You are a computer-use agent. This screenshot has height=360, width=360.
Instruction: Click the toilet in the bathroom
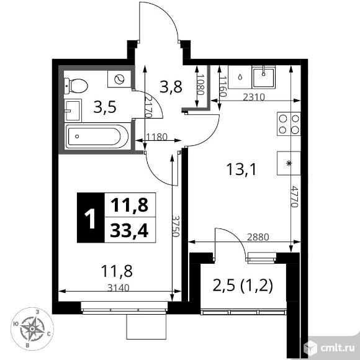(76, 86)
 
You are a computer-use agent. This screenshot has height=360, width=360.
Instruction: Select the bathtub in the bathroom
(97, 136)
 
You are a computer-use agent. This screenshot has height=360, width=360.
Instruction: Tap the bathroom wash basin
(73, 110)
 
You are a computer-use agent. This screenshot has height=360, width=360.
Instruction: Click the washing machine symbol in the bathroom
(119, 79)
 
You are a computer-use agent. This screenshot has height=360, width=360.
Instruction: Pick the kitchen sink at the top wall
(263, 77)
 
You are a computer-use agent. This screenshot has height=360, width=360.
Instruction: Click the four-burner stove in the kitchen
(289, 124)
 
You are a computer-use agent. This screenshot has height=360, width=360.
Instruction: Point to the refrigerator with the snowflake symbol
(289, 163)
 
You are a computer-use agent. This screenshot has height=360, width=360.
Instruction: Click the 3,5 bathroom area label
(105, 107)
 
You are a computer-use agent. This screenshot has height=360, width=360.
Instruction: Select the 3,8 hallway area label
(171, 87)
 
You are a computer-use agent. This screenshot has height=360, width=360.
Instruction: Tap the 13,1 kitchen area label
(241, 169)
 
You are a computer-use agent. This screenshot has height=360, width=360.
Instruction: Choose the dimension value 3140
(119, 287)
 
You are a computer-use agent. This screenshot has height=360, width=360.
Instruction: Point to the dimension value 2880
(258, 237)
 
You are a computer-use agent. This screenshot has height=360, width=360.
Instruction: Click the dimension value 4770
(294, 196)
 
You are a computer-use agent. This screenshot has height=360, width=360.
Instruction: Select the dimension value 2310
(254, 97)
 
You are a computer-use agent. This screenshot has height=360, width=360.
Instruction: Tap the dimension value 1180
(156, 137)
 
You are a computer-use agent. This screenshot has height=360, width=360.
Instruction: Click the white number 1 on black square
(90, 217)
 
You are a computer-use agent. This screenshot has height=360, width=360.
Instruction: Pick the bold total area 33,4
(129, 230)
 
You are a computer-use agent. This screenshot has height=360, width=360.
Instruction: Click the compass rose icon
(32, 329)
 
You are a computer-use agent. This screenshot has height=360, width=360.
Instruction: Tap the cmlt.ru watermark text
(337, 348)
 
